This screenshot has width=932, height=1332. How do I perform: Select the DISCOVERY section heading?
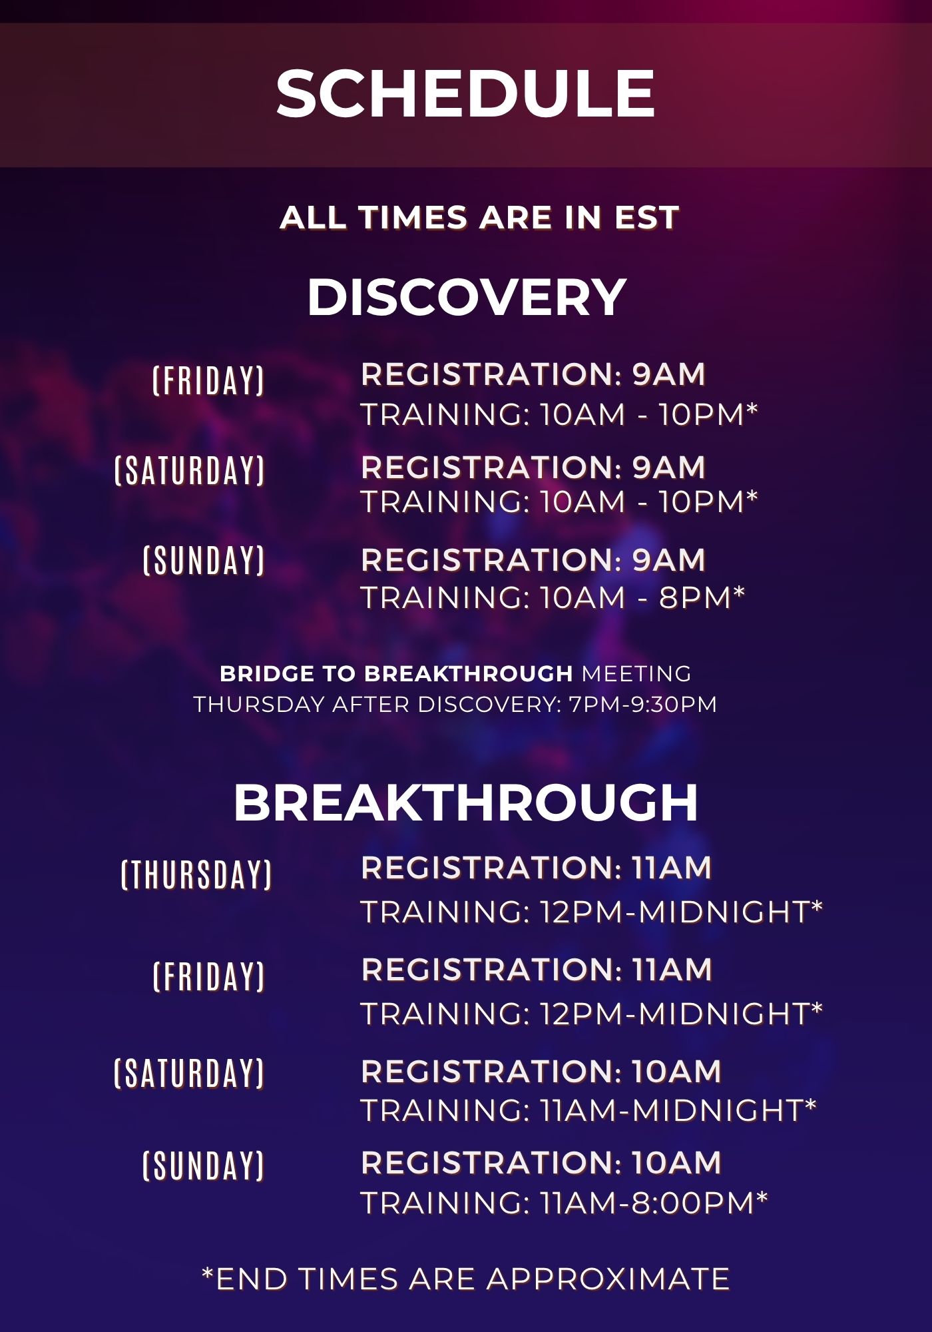click(466, 297)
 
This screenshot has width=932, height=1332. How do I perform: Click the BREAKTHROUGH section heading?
click(466, 803)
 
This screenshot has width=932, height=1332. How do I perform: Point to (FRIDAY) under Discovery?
click(209, 380)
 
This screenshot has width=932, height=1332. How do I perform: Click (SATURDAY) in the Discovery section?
click(190, 470)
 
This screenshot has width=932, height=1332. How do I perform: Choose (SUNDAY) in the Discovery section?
click(204, 560)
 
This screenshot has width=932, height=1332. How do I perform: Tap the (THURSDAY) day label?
click(196, 874)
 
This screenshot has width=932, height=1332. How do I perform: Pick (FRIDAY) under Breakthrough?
click(209, 976)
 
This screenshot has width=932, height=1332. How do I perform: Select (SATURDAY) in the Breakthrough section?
click(190, 1073)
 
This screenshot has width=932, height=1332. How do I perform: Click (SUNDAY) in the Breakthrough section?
click(204, 1165)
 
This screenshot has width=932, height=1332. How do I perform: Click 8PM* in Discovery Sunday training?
click(702, 597)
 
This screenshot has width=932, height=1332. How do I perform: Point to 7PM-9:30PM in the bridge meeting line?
click(643, 704)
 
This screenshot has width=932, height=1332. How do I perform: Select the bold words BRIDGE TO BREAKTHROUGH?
click(396, 673)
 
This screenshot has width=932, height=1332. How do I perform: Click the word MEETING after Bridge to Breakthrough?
click(636, 673)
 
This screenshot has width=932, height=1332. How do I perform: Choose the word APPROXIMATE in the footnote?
click(608, 1279)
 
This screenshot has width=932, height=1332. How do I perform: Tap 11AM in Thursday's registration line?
click(672, 868)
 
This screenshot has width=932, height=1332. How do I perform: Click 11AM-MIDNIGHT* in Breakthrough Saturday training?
click(678, 1110)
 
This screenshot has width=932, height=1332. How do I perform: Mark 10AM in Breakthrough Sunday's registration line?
click(677, 1163)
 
